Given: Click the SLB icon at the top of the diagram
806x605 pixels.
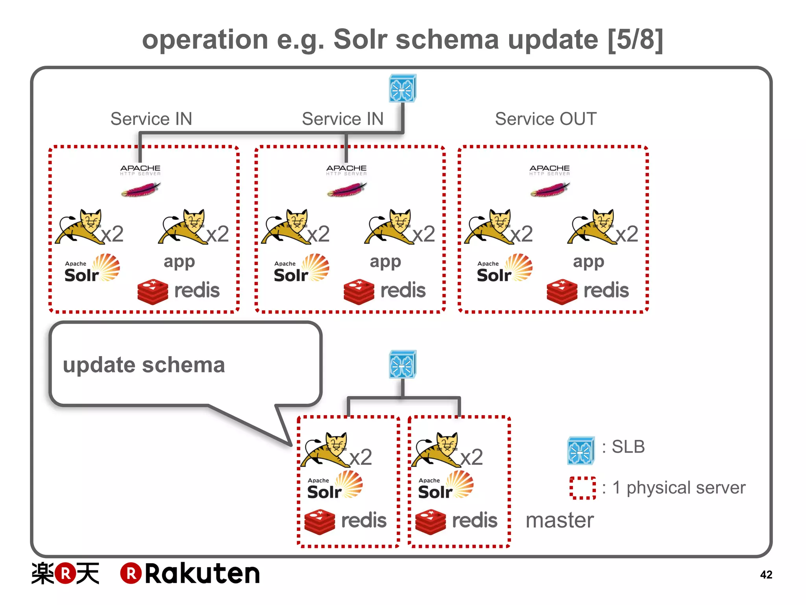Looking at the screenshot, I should [x=402, y=89].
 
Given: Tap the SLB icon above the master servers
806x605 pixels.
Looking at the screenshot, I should [x=402, y=364].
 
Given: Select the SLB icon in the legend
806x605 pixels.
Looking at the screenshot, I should [x=580, y=450].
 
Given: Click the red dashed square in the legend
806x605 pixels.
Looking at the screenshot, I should [x=582, y=488].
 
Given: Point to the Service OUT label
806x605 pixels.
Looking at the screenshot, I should [x=545, y=119].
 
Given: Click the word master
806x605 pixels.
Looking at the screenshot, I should [x=559, y=520].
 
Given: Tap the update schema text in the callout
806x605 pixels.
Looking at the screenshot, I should [x=144, y=365].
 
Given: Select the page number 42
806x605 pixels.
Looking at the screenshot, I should [x=766, y=575].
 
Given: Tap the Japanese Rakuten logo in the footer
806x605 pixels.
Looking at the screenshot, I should [x=65, y=573].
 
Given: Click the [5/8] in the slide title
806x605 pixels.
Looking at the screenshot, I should [x=635, y=40].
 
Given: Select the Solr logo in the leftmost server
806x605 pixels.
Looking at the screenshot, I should [x=92, y=269].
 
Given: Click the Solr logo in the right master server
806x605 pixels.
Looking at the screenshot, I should [x=446, y=485].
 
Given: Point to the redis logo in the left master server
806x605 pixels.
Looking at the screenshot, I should [x=346, y=521].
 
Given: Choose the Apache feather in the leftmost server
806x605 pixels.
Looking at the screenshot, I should [x=141, y=190].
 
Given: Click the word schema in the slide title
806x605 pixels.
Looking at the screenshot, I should [x=447, y=40].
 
